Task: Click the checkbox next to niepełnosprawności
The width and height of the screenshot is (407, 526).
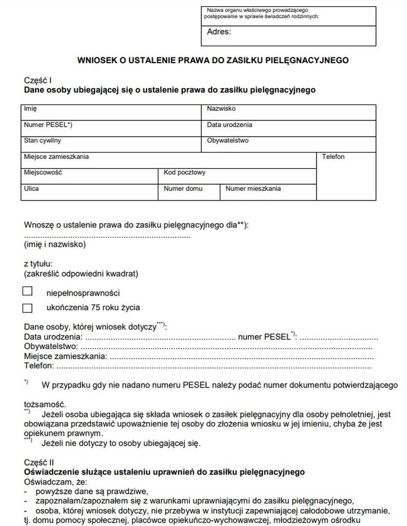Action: [x=28, y=292]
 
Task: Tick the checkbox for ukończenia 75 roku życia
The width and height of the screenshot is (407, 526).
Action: [x=28, y=308]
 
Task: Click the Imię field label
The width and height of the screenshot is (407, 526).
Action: [x=30, y=108]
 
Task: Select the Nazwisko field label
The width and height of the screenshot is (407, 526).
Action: [x=221, y=108]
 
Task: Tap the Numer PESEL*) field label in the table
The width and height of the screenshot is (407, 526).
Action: [x=48, y=125]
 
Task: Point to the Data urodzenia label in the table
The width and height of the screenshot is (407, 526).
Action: [x=230, y=125]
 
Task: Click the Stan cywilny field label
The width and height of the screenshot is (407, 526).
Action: [x=42, y=141]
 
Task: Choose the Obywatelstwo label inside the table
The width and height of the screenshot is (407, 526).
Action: [x=227, y=141]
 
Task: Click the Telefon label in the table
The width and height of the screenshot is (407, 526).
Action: [x=333, y=157]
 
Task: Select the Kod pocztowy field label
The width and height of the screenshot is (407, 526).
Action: [x=185, y=172]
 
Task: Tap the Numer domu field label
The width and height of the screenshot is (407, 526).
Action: [x=183, y=189]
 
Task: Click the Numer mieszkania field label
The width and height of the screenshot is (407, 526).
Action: [x=253, y=189]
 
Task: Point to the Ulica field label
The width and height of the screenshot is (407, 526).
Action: [x=31, y=189]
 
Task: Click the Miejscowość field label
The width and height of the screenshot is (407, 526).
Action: [x=43, y=172]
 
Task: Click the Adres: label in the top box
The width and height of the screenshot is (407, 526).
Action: [x=219, y=32]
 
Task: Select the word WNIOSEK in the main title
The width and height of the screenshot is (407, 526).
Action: [x=97, y=60]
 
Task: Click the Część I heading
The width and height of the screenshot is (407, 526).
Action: [x=38, y=81]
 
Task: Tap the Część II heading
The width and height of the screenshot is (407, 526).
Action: [x=39, y=463]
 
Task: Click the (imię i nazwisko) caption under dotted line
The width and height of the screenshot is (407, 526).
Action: [x=55, y=245]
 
